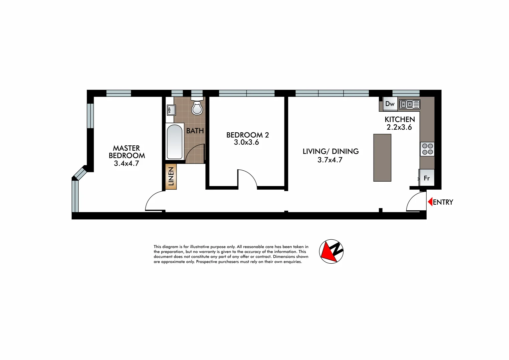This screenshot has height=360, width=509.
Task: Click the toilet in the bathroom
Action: pos(197,107)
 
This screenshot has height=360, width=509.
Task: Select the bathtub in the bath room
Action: pos(174,142)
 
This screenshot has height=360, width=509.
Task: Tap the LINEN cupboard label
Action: pos(171,176)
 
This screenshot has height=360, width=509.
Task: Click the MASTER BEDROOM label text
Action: pos(127,152)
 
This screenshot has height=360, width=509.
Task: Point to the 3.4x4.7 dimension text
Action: pos(126,163)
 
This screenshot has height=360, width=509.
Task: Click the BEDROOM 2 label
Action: pos(247,135)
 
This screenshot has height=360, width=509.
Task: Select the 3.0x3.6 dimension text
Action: pos(246,142)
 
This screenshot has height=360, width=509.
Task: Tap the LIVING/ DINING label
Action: pos(331,151)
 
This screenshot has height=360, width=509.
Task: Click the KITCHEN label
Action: pos(400,119)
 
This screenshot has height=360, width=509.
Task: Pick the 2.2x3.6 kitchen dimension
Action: pos(399,127)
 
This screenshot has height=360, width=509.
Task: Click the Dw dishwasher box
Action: pos(390,104)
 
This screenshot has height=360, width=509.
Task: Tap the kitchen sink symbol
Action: pos(410,104)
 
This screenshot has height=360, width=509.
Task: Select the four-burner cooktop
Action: pos(427,149)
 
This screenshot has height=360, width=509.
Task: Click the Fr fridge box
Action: pos(427,178)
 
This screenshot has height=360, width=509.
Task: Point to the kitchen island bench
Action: pos(382,158)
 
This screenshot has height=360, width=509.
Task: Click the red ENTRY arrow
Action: pos(430,202)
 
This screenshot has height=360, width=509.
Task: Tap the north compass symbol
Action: pos(331,251)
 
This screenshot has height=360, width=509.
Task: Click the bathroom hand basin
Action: pos(171,110)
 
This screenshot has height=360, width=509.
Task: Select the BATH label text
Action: pos(195,131)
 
